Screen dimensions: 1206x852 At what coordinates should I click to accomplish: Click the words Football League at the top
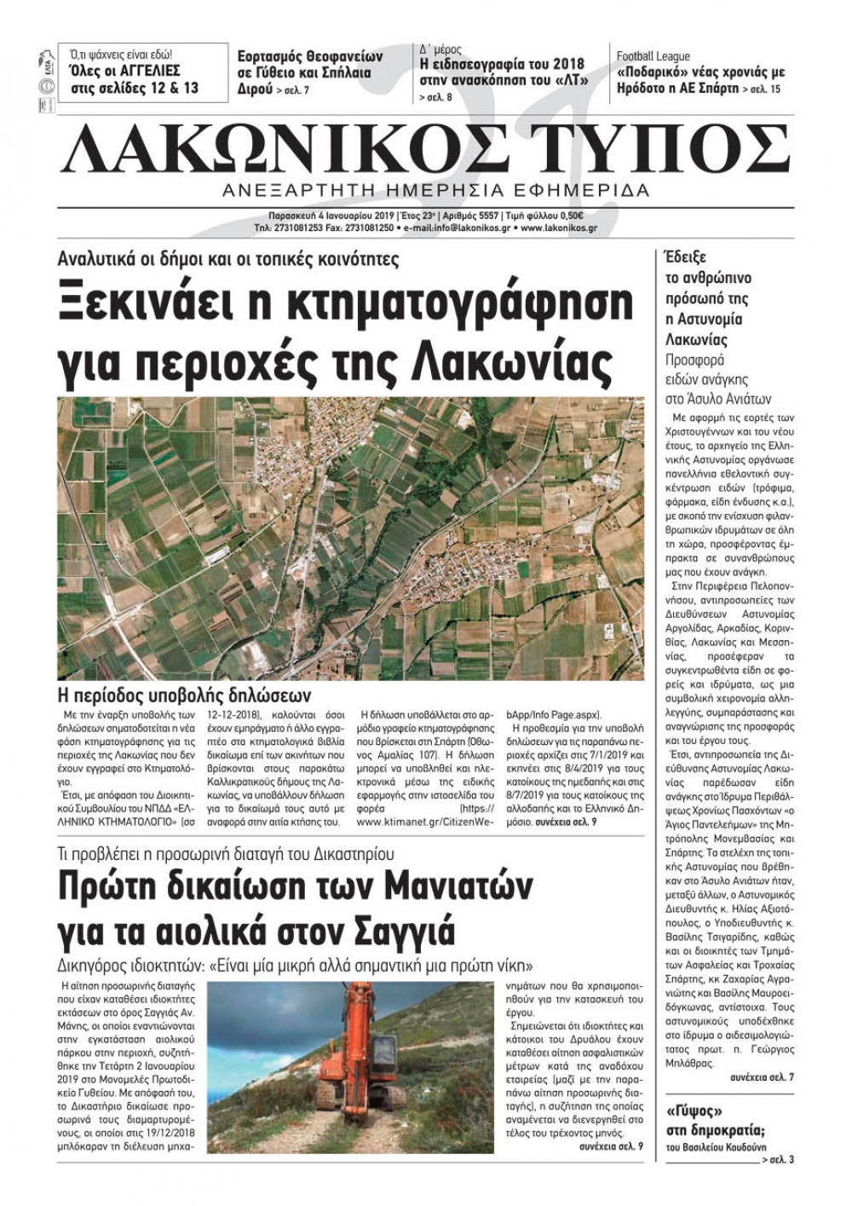tap(653, 56)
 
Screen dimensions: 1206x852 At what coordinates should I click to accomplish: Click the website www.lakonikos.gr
tap(558, 228)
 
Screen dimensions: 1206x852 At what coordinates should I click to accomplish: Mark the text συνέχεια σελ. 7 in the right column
tap(762, 1078)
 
